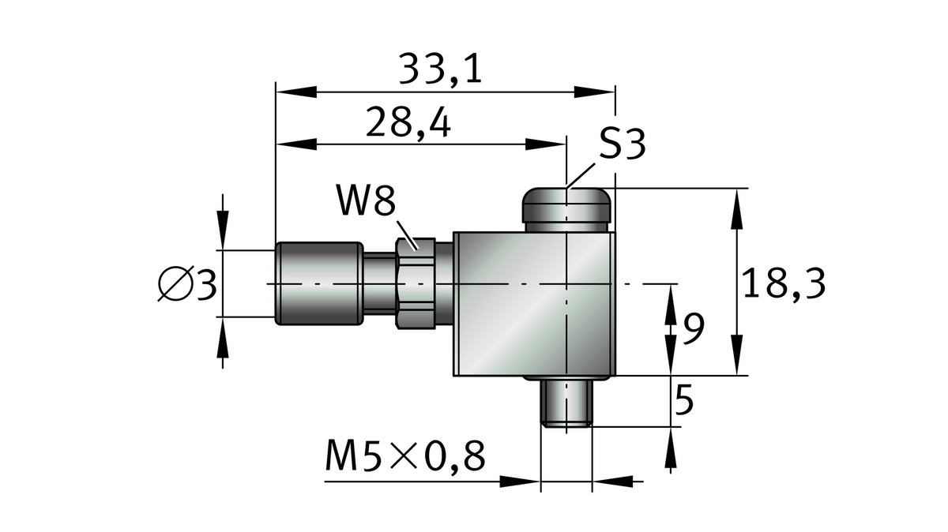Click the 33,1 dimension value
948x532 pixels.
click(440, 69)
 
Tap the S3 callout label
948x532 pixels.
click(622, 144)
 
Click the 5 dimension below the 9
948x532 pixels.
click(684, 402)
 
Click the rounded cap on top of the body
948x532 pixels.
click(567, 208)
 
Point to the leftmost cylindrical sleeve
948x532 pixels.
click(319, 283)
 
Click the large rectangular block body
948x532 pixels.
click(534, 304)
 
